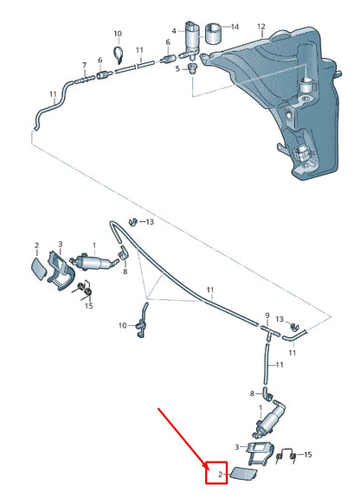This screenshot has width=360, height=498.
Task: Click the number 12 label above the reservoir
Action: pos(260,26)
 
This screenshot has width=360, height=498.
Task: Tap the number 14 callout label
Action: pos(235,27)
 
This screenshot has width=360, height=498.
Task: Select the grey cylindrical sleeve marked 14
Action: pos(213,34)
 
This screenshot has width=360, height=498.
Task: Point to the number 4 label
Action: pos(174,31)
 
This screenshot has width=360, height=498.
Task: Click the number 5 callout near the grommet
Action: pos(177,68)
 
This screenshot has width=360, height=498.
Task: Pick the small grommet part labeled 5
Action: pos(192,68)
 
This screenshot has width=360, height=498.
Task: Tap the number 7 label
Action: pos(84,66)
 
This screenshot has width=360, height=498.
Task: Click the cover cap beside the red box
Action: pos(242,473)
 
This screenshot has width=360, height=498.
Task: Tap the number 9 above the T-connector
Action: pos(267,316)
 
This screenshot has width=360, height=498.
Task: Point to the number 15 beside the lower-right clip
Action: pos(308,455)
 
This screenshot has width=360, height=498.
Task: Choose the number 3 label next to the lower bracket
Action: pos(237,447)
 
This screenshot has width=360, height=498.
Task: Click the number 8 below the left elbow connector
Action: pos(125,271)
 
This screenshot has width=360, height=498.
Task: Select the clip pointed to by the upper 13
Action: pos(133,221)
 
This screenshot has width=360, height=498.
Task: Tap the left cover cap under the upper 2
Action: pos(39,268)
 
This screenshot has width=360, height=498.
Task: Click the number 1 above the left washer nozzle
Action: pos(94,246)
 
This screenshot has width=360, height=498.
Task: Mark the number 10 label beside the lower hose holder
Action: pos(123,326)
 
